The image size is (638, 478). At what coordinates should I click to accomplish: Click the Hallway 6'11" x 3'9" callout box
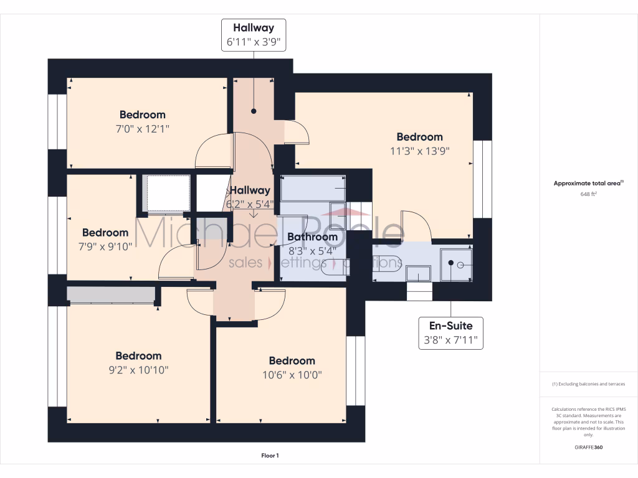(254, 35)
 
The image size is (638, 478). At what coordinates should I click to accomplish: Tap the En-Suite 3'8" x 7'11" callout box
(450, 333)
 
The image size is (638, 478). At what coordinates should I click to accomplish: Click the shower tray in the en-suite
(456, 265)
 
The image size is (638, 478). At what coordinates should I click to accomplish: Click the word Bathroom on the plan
(312, 237)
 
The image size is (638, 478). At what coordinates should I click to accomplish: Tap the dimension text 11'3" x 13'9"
(419, 151)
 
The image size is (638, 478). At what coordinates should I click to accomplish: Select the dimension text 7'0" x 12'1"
(143, 128)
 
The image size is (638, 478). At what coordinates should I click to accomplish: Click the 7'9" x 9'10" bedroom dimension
(105, 246)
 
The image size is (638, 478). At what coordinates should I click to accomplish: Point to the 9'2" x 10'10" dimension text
(138, 370)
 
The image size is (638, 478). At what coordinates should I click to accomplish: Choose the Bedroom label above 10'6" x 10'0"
(292, 361)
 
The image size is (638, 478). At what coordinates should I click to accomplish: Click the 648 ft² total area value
(589, 194)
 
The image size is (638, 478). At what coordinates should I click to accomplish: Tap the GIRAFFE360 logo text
(589, 447)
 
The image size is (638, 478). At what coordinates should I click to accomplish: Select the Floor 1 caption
(270, 456)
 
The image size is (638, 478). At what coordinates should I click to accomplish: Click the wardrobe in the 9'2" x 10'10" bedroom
(111, 294)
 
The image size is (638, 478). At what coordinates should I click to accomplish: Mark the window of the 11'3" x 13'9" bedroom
(482, 179)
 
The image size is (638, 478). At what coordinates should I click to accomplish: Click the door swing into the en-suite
(413, 227)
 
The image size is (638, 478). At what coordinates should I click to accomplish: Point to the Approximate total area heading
(588, 184)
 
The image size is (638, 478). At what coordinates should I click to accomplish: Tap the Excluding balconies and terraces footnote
(588, 384)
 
